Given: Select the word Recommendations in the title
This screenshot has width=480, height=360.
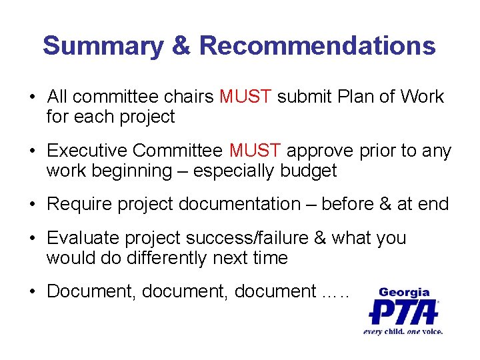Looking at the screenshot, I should [317, 46].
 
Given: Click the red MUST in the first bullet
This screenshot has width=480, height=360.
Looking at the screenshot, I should [245, 97].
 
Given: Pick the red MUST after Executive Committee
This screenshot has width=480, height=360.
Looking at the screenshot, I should [255, 151].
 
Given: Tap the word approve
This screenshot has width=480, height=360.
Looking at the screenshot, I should [321, 151].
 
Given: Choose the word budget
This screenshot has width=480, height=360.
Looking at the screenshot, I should [309, 171].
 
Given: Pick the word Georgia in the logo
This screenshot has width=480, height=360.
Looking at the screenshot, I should [404, 292].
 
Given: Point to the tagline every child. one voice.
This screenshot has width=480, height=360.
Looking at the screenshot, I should [403, 331].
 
